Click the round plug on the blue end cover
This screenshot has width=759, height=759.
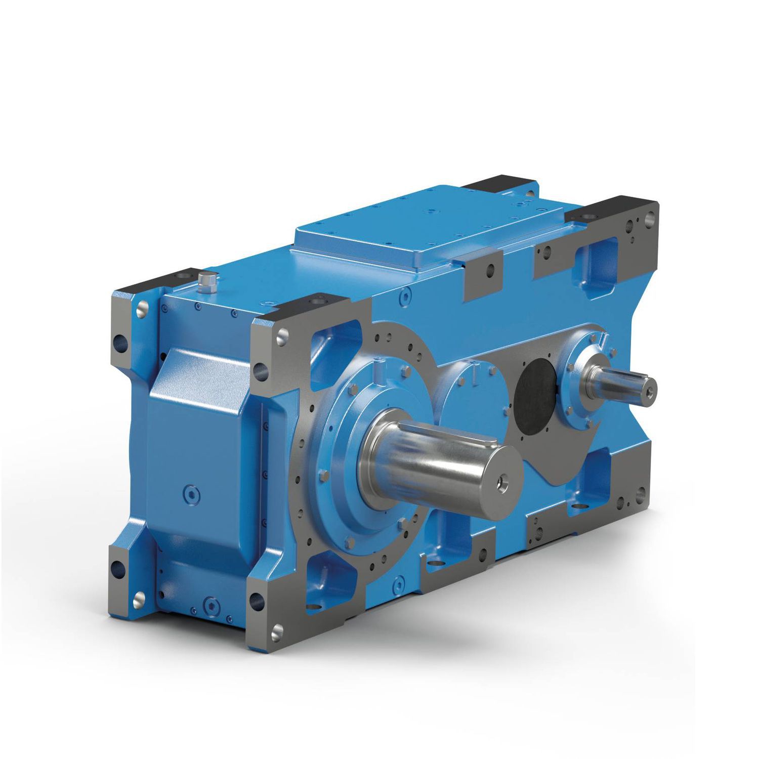tap(192, 493)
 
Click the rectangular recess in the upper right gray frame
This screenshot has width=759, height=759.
tap(597, 256)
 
